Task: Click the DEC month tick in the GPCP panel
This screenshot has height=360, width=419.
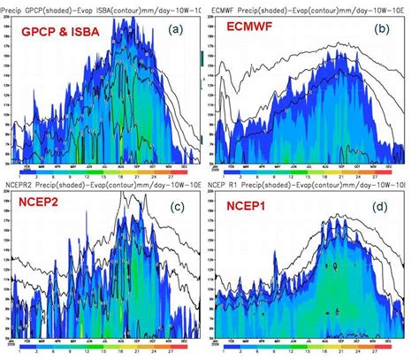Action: tap(192, 166)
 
